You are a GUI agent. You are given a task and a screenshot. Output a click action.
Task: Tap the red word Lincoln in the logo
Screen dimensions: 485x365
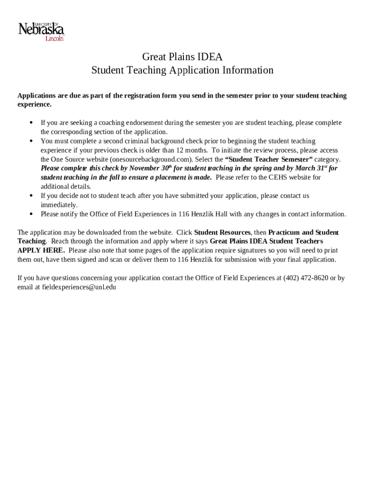[x=54, y=39]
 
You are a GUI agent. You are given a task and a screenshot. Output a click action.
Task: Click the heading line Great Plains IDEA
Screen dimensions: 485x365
[x=182, y=57]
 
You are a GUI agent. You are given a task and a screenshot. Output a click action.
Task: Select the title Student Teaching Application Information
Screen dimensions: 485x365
[x=182, y=71]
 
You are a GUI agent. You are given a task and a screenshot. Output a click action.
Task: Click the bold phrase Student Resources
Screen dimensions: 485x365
[x=222, y=233]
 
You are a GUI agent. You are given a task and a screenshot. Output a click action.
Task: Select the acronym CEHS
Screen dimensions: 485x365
[x=277, y=178]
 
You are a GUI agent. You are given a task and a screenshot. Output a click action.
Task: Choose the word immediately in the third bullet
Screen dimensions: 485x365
[x=59, y=205]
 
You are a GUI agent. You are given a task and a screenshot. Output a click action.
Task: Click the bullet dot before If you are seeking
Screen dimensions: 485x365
[x=31, y=123]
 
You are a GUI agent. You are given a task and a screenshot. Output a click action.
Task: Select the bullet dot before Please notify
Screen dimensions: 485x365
[x=31, y=214]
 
